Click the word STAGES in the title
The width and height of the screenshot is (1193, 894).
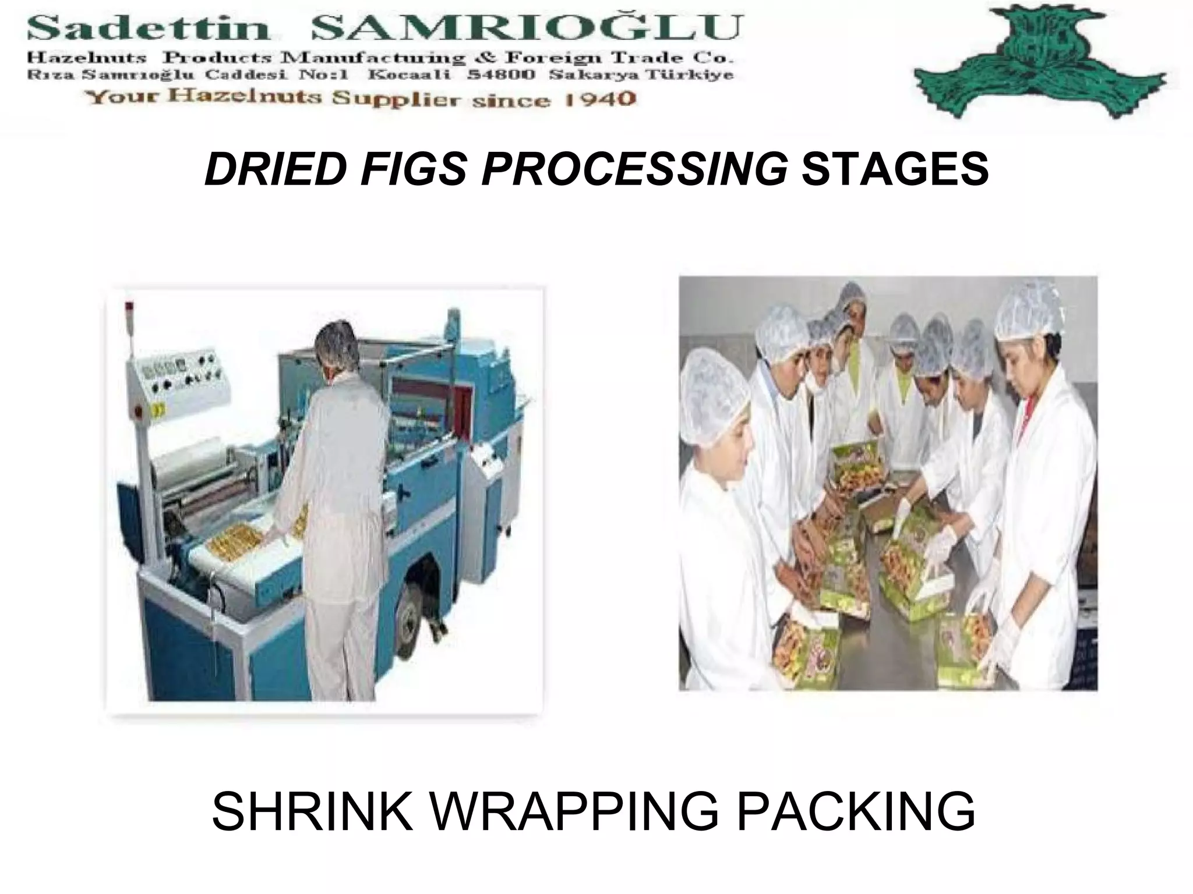(895, 169)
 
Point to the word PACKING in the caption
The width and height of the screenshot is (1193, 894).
(856, 811)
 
